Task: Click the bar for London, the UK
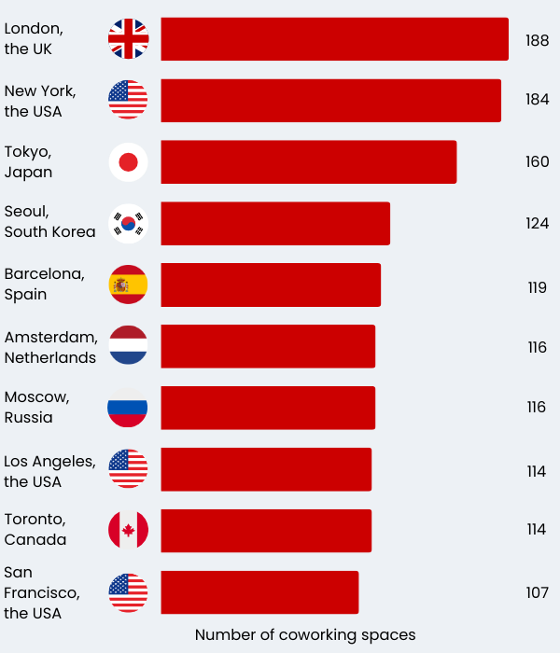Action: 334,39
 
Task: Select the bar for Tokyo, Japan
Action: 308,162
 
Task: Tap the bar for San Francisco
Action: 259,592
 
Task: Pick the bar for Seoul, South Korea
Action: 275,224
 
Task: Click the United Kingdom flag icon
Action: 128,39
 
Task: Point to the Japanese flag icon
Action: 128,162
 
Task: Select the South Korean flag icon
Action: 128,224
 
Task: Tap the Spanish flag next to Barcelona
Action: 128,285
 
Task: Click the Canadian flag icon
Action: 128,530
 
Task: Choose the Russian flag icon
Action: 128,408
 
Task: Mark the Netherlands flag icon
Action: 128,346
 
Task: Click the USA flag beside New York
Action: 128,100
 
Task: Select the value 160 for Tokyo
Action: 537,162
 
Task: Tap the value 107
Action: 537,593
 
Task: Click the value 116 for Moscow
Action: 537,408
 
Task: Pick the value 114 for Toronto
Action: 536,530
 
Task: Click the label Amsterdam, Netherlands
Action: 50,347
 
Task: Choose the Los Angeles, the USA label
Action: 49,471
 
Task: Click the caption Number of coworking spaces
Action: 305,635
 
